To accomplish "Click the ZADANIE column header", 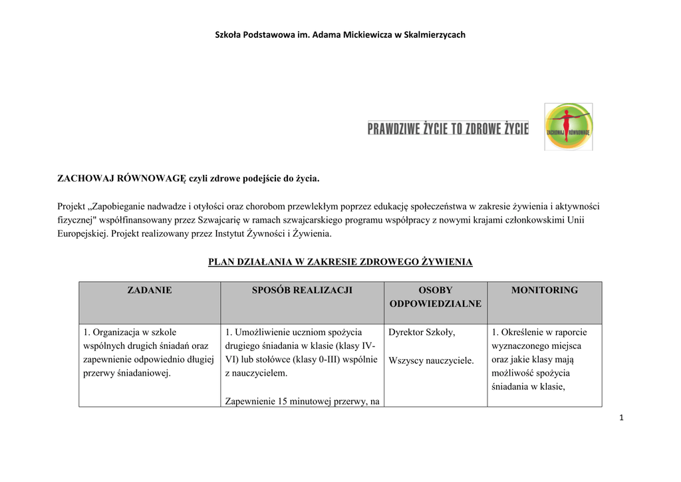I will click(150, 291).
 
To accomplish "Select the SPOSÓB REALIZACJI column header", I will click(302, 291).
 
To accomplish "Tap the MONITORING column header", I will click(544, 291).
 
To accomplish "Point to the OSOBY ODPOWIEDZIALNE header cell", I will click(435, 297).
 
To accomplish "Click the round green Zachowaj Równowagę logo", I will click(568, 126).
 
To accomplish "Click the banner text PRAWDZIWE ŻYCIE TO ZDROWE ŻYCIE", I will click(448, 128).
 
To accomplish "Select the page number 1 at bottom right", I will click(620, 418).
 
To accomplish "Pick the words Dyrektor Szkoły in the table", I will click(422, 332).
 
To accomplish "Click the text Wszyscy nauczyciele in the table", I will click(431, 360).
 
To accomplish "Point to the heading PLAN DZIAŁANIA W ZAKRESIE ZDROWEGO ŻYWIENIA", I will click(340, 262).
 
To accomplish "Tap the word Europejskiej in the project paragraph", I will click(82, 234).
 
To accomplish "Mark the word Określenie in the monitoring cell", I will click(524, 332).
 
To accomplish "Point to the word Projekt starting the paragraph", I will click(72, 206).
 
